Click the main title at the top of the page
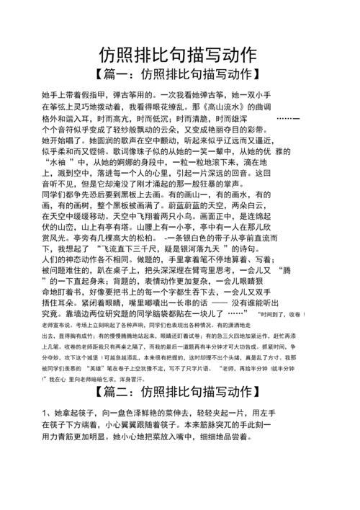coord(179,55)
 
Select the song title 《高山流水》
coord(234,107)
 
